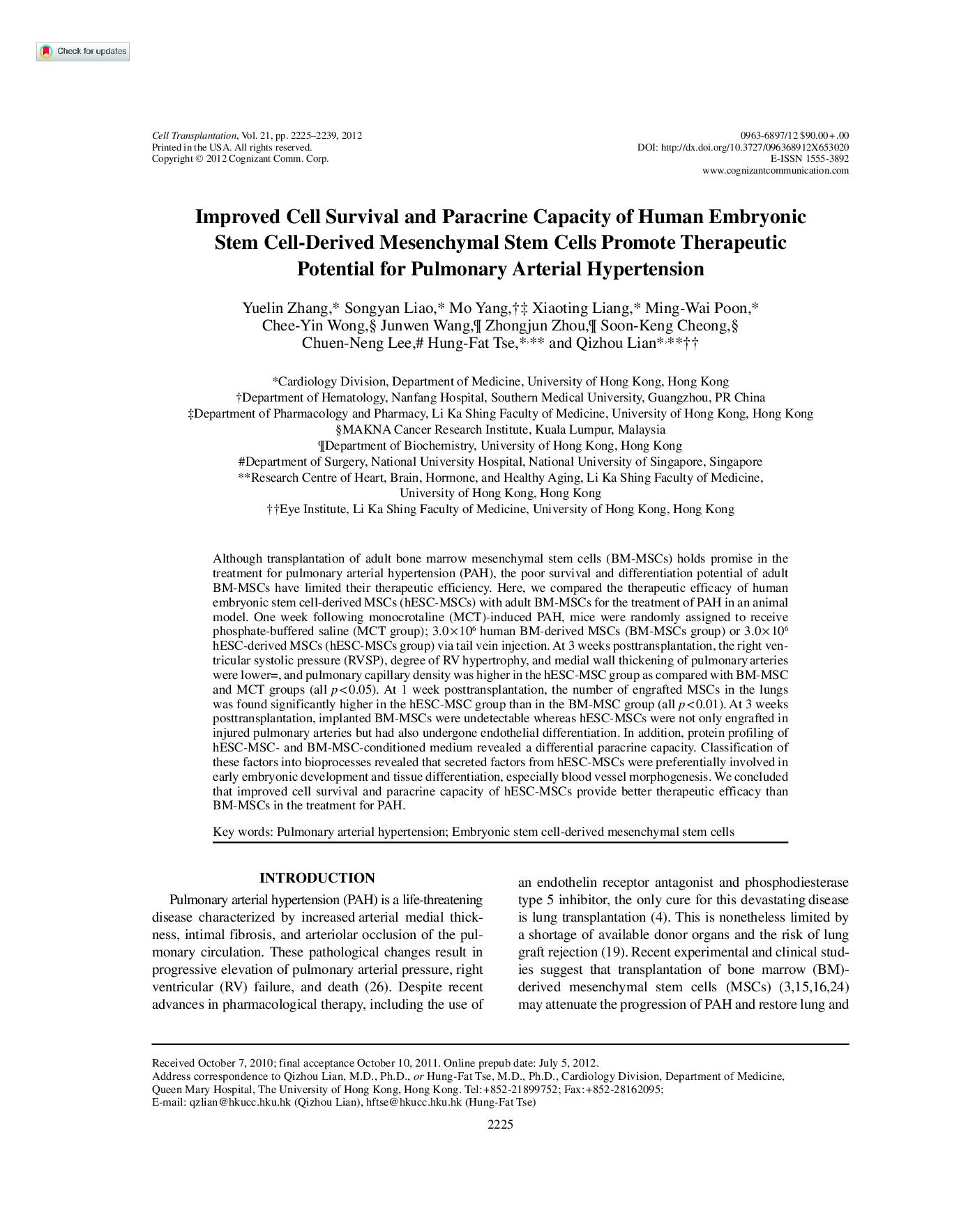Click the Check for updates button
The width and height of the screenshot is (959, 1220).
[x=83, y=52]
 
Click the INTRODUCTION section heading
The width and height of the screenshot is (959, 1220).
[x=317, y=878]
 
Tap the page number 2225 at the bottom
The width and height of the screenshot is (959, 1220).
[x=500, y=1124]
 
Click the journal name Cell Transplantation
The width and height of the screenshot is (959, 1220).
[x=195, y=135]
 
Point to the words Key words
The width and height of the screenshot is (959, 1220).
[x=242, y=832]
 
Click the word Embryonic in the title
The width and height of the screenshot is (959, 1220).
[x=757, y=217]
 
